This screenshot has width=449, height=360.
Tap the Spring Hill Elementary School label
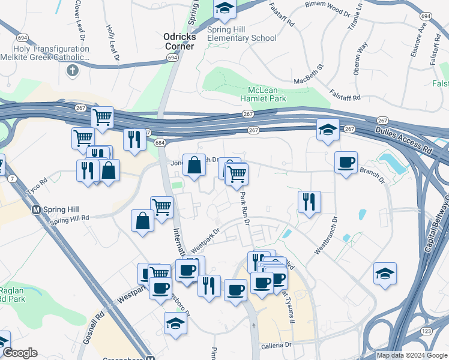[x=241, y=34]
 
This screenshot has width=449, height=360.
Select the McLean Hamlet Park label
[x=263, y=94]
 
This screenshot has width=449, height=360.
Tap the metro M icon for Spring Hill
[x=36, y=210]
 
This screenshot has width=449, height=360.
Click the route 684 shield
[x=159, y=143]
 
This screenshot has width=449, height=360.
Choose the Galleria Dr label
[x=276, y=346]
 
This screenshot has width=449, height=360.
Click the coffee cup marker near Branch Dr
[x=346, y=163]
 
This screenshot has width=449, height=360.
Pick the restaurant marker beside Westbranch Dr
[x=309, y=202]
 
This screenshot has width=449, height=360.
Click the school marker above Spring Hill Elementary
[x=224, y=8]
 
